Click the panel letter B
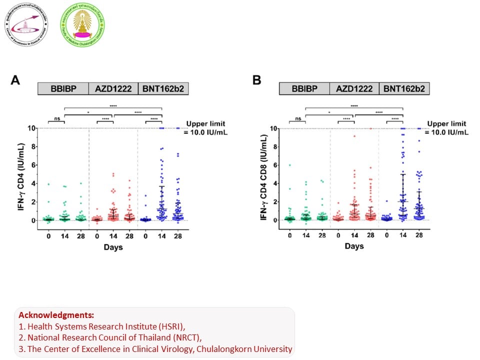click(257, 80)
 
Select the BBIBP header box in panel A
click(63, 89)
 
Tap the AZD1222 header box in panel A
click(113, 89)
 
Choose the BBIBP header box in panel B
click(304, 89)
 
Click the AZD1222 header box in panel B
click(354, 89)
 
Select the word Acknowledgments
click(55, 315)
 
